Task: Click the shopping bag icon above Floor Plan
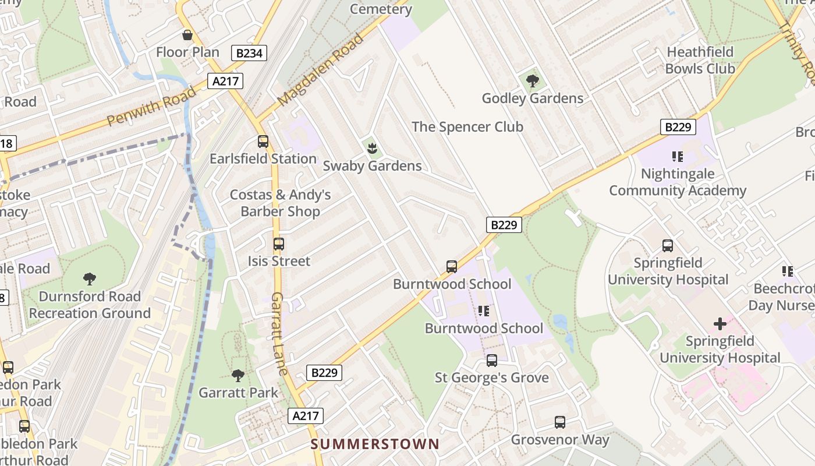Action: (x=187, y=36)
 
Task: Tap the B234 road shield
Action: (x=249, y=54)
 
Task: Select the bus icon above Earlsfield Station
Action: (x=263, y=142)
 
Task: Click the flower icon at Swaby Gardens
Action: (x=372, y=149)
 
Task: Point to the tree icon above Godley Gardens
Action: (x=532, y=81)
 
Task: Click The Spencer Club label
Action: (x=467, y=126)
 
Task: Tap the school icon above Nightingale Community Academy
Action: (x=677, y=156)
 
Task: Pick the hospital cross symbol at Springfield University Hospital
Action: (x=720, y=323)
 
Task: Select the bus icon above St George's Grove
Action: (x=492, y=361)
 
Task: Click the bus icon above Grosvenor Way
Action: (x=560, y=422)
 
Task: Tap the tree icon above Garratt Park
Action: (x=238, y=375)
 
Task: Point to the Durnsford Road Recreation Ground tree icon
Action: (x=90, y=279)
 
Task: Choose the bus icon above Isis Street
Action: (x=279, y=244)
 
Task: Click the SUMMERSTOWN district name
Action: (x=375, y=444)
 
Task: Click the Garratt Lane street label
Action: (x=279, y=334)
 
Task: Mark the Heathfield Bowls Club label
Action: (x=700, y=60)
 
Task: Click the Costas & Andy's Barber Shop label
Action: (x=280, y=203)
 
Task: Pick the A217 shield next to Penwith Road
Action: (x=226, y=81)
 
